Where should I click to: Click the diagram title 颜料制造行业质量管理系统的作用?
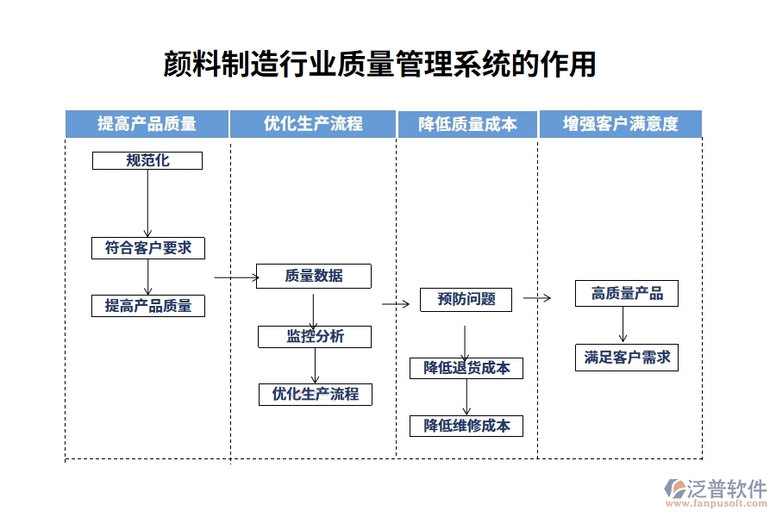pyautogui.click(x=379, y=64)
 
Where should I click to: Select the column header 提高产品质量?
pyautogui.click(x=147, y=124)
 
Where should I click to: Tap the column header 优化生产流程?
pyautogui.click(x=313, y=124)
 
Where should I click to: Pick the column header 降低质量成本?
pyautogui.click(x=467, y=124)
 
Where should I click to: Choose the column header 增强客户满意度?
pyautogui.click(x=620, y=124)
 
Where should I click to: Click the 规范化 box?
pyautogui.click(x=147, y=160)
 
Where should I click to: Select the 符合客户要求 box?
pyautogui.click(x=148, y=248)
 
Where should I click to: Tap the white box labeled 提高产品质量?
pyautogui.click(x=148, y=305)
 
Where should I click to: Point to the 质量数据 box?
pyautogui.click(x=314, y=276)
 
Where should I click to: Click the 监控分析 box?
pyautogui.click(x=315, y=336)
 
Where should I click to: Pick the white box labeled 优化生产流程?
pyautogui.click(x=316, y=394)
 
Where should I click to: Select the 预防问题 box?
pyautogui.click(x=466, y=299)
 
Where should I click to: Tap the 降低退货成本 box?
pyautogui.click(x=466, y=368)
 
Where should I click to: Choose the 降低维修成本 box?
pyautogui.click(x=466, y=425)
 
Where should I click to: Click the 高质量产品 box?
pyautogui.click(x=627, y=293)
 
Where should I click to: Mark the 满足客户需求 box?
pyautogui.click(x=627, y=357)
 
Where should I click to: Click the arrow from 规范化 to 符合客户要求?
pyautogui.click(x=147, y=203)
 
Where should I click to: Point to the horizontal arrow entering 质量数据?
pyautogui.click(x=236, y=277)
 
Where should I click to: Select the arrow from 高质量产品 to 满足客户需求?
pyautogui.click(x=623, y=325)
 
